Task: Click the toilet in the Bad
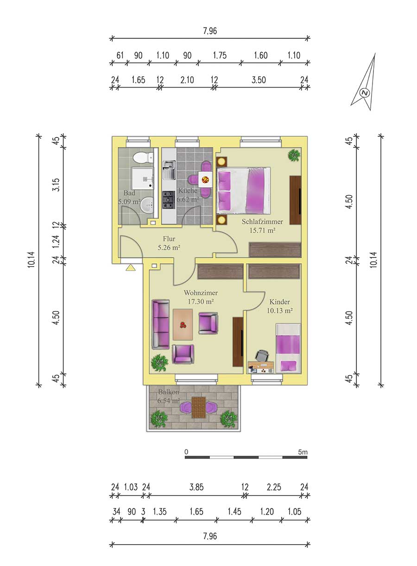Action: [143, 158]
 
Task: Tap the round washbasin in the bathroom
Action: [147, 205]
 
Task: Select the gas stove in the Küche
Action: [169, 200]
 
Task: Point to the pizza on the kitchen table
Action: [205, 180]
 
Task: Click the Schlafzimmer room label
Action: [262, 222]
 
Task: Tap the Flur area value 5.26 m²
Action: [169, 248]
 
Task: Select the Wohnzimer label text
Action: [201, 293]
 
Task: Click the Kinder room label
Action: [279, 302]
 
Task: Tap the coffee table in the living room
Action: [183, 324]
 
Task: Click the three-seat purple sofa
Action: [161, 324]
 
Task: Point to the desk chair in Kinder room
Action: [262, 356]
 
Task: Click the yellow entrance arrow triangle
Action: [131, 267]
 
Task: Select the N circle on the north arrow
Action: [365, 93]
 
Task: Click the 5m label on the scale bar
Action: [303, 452]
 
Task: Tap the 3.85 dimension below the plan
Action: [196, 487]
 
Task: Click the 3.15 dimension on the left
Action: [57, 184]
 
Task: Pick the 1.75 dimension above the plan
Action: [220, 55]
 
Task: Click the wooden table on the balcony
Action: [198, 407]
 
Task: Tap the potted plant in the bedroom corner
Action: [294, 154]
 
